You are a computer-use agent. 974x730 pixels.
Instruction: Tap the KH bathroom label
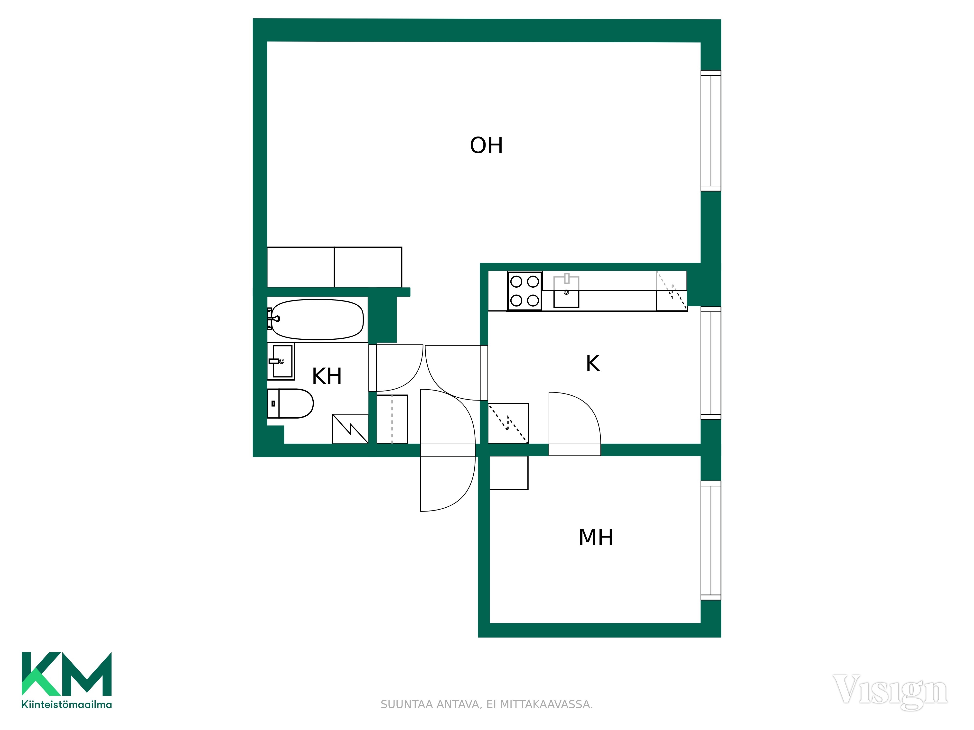point(327,376)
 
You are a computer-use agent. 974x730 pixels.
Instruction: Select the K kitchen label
point(593,364)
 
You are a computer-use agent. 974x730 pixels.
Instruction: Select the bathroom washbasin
point(281,362)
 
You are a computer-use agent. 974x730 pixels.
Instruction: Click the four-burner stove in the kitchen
point(524,291)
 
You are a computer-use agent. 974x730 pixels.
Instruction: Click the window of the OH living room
point(711,131)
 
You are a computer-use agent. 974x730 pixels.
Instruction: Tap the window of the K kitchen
point(711,363)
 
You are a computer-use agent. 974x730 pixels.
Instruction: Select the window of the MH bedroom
point(711,540)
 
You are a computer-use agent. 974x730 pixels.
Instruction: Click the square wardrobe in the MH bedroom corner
point(509,473)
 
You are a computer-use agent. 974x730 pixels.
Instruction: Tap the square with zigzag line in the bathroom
point(350,429)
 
